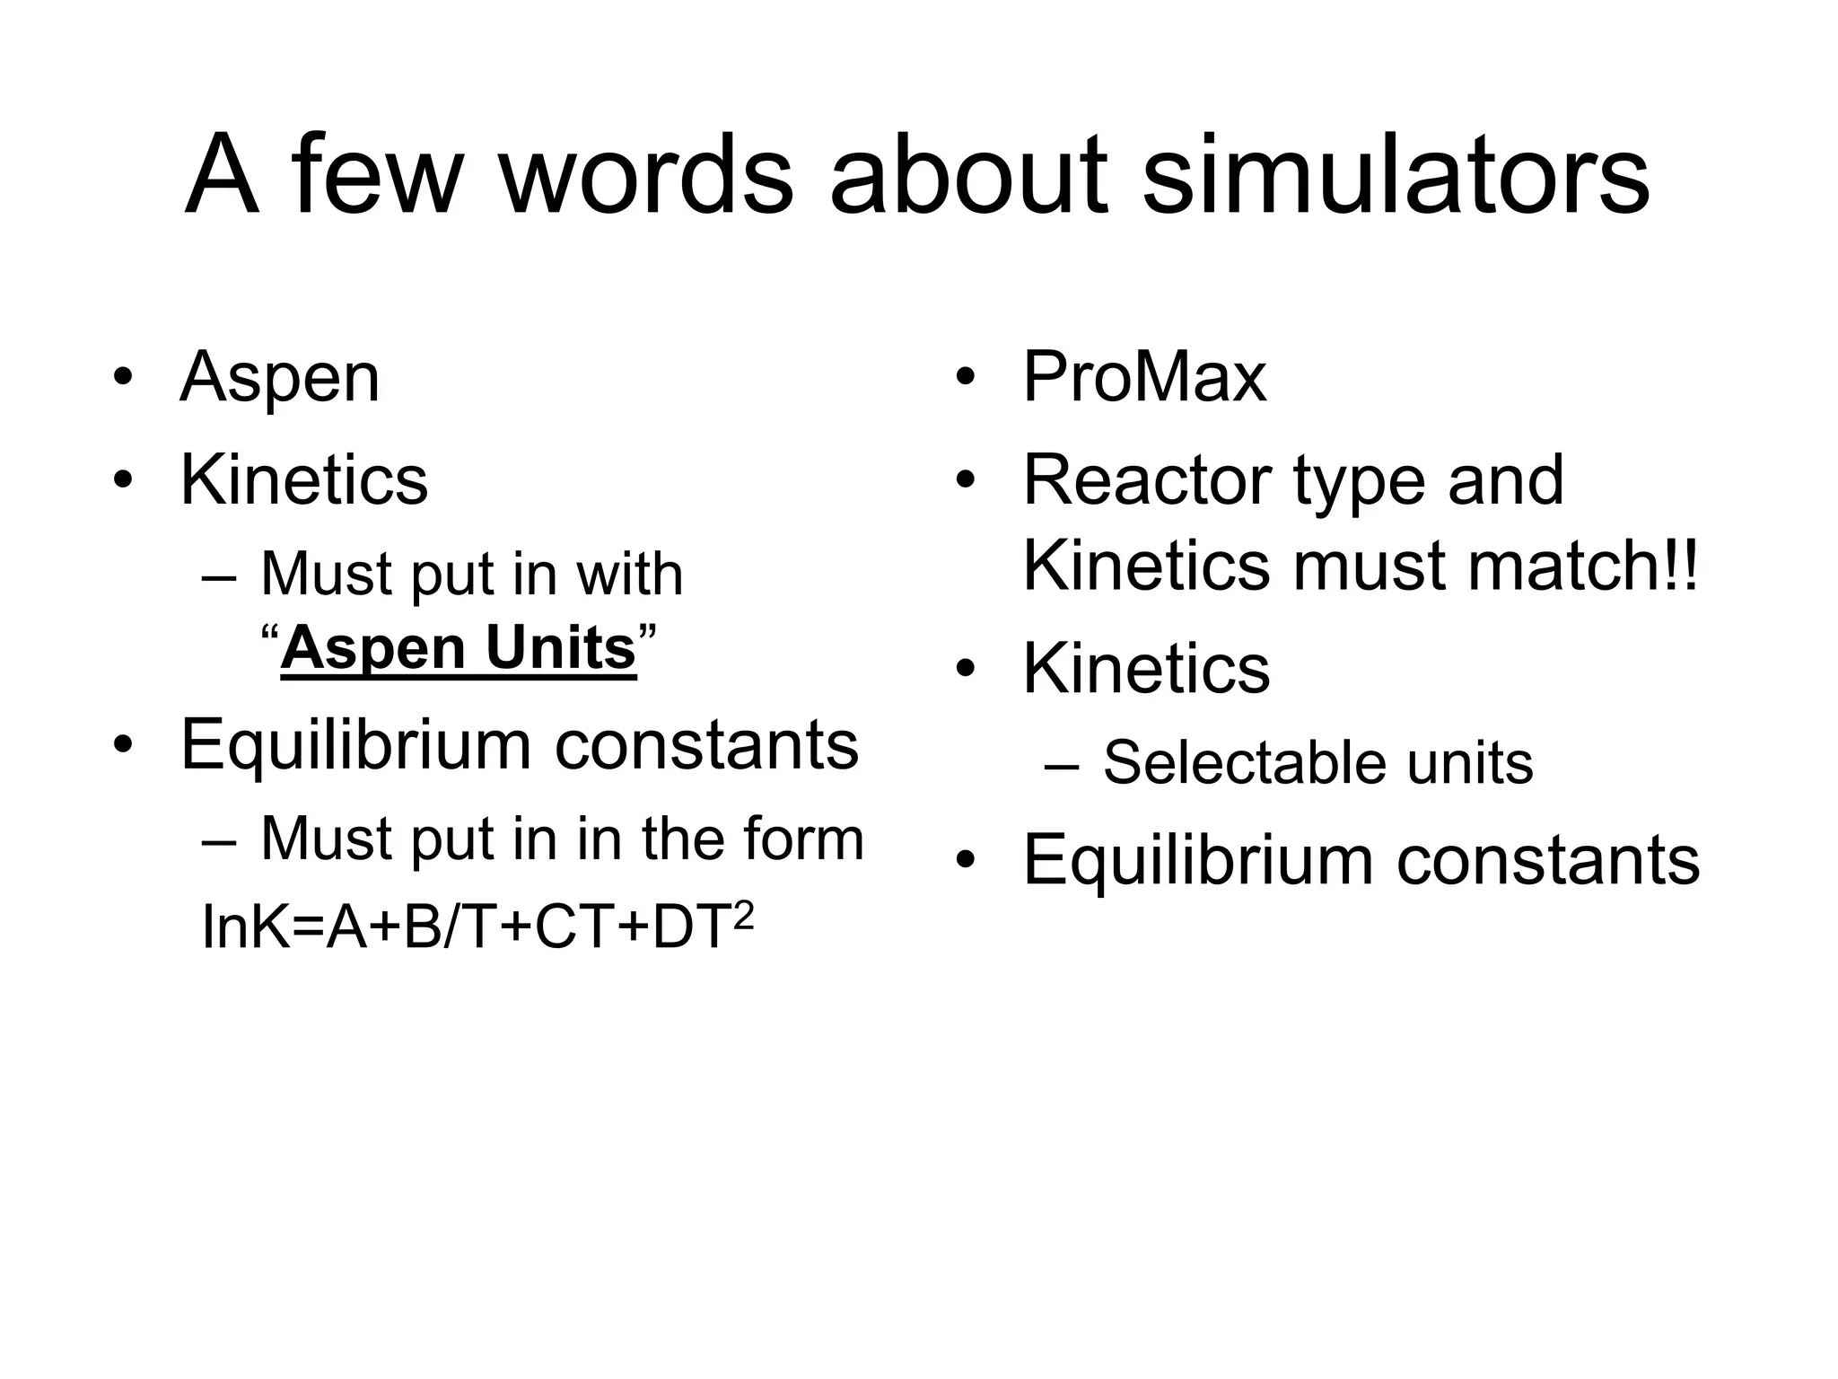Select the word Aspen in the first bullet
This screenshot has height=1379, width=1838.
coord(280,379)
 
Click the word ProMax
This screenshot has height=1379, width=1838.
coord(1144,377)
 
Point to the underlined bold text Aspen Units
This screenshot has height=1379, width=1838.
coord(458,648)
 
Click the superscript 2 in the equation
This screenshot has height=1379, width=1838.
coord(743,915)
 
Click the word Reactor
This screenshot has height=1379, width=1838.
coord(1146,480)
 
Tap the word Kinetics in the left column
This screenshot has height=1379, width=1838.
coord(303,480)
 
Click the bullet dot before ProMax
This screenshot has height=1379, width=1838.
coord(965,377)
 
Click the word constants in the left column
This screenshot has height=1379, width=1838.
coord(706,744)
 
